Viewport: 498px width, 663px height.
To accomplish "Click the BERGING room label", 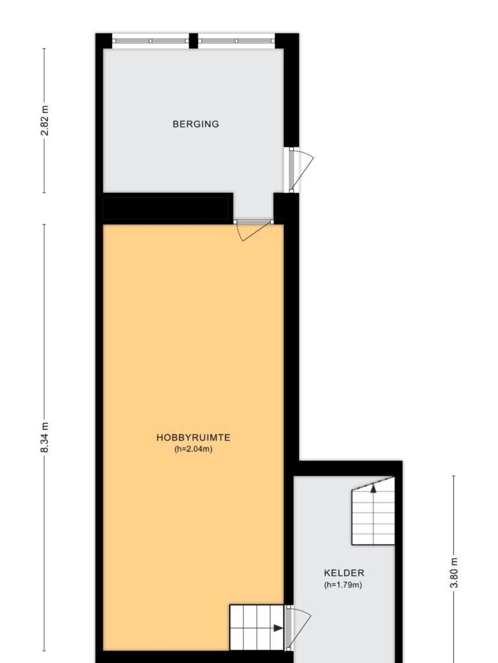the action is click(x=196, y=124).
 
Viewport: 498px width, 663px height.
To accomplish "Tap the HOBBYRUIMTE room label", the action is click(x=193, y=437).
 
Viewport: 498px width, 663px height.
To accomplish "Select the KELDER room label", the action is click(x=344, y=573).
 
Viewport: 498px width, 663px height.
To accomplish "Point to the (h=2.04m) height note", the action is click(x=193, y=449).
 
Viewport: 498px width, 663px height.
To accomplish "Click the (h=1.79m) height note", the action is click(x=344, y=585).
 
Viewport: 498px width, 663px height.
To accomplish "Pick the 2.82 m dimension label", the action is click(x=45, y=121).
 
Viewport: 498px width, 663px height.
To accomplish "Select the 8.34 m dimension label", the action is click(x=45, y=438).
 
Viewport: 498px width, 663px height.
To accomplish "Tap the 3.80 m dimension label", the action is click(x=454, y=573).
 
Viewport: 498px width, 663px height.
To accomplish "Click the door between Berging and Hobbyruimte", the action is click(x=253, y=230).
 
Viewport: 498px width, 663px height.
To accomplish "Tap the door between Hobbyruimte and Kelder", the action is click(x=298, y=628).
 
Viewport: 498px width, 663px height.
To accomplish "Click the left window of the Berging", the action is click(x=150, y=41).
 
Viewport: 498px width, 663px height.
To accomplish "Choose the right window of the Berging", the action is click(x=237, y=41).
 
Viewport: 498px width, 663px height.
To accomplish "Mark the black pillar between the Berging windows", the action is click(x=193, y=41).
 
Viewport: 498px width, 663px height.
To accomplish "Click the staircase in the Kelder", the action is click(x=373, y=511).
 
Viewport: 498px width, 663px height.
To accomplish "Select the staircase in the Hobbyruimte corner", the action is click(x=257, y=627).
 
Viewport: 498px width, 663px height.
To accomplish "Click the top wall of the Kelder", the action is click(x=348, y=469).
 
